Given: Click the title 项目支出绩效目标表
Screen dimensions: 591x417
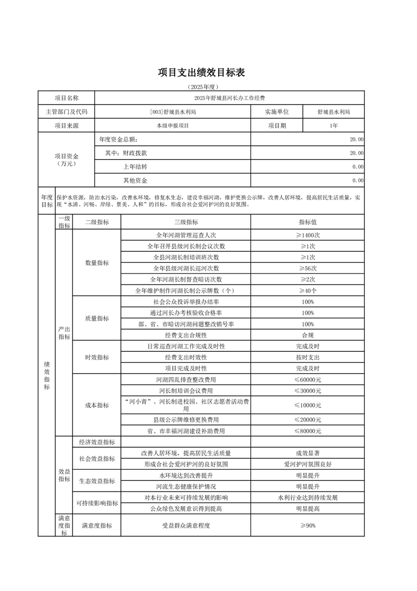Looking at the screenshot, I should (202, 73).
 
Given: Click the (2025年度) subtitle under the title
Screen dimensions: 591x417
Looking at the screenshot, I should (202, 86).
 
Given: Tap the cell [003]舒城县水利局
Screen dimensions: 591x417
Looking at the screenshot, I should (172, 112).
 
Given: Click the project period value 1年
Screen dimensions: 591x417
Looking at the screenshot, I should (333, 126).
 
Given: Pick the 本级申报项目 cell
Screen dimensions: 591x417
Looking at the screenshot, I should (172, 126).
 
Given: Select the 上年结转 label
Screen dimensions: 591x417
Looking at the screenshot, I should (135, 166).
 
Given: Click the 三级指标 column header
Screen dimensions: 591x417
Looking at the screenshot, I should (186, 222).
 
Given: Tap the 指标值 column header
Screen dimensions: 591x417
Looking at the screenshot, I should (308, 222).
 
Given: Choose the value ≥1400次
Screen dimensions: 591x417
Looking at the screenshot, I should (308, 235).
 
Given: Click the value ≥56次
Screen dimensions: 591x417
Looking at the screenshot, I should (308, 268).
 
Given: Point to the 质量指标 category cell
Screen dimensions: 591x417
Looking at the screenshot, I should (97, 318).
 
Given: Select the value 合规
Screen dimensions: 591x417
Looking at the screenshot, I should (308, 335).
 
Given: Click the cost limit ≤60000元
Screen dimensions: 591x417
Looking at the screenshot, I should (308, 379).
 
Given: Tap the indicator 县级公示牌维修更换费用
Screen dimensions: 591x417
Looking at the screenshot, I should (186, 420).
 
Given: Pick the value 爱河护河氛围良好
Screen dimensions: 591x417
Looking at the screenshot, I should (308, 464).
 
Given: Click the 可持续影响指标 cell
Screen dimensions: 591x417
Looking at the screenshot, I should (97, 503).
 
